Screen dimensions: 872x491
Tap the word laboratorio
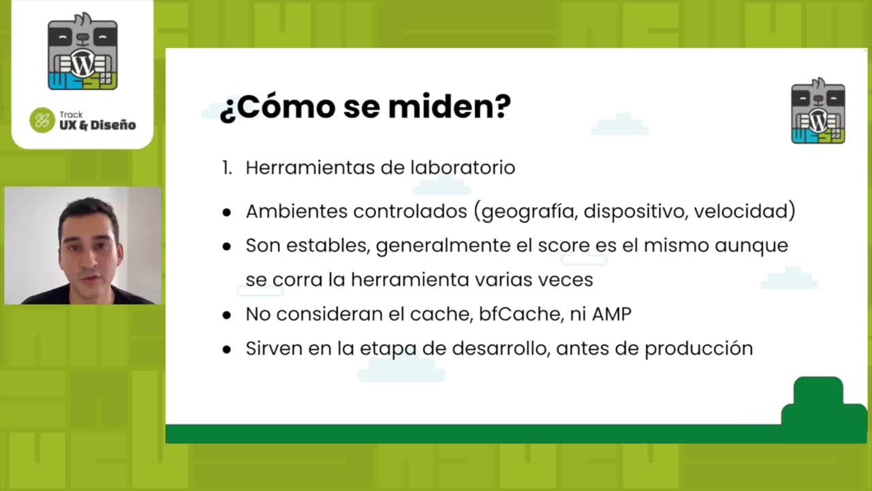click(x=463, y=168)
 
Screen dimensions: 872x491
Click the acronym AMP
click(x=612, y=314)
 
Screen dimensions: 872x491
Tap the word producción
click(x=699, y=348)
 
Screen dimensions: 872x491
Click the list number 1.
click(x=227, y=168)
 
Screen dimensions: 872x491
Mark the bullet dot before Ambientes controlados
click(x=227, y=212)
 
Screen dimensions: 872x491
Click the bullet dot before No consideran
click(x=227, y=315)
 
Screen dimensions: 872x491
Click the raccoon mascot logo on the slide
click(x=818, y=110)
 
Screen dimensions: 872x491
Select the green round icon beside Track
click(x=42, y=120)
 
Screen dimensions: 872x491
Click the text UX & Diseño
click(x=97, y=125)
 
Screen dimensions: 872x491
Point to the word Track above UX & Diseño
click(x=71, y=115)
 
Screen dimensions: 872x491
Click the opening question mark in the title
click(x=228, y=110)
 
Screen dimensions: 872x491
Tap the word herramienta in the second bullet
click(x=410, y=280)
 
